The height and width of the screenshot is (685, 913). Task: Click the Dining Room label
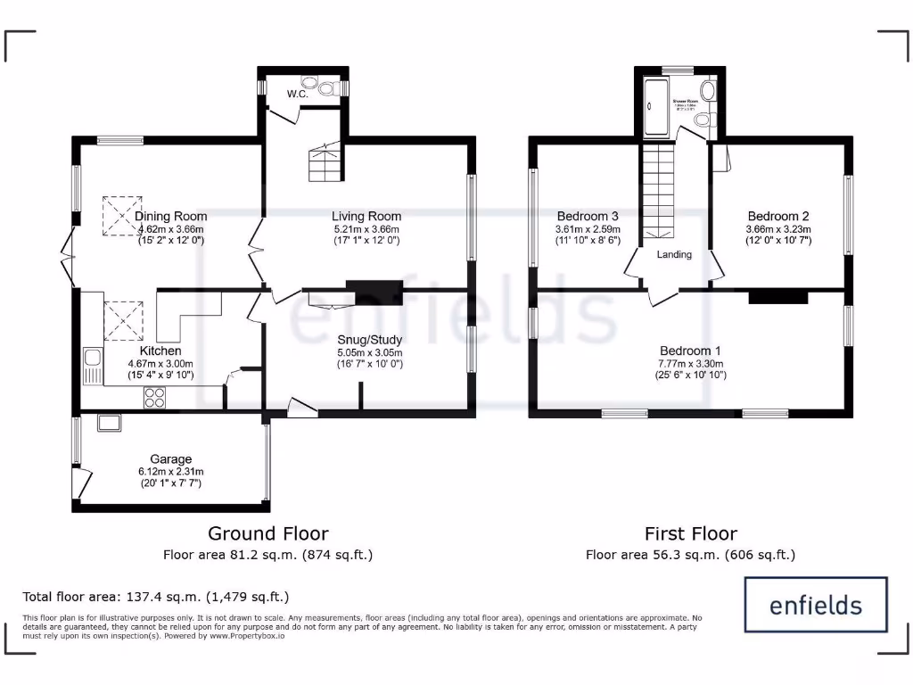click(x=171, y=217)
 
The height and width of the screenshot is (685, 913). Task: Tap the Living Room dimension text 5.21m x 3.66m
click(x=366, y=228)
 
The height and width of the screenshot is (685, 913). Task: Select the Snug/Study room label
click(x=370, y=340)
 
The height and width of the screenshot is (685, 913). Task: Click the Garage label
click(x=170, y=460)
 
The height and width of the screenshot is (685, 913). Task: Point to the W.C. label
click(x=297, y=94)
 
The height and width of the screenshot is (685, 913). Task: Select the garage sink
click(x=110, y=422)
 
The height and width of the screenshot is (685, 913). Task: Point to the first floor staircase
click(x=661, y=192)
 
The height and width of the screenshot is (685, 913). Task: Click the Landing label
click(x=674, y=255)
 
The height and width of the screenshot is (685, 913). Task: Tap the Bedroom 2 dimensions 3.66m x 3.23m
click(x=778, y=228)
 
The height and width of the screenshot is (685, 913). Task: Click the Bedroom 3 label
click(x=588, y=217)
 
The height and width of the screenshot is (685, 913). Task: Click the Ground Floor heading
click(x=267, y=533)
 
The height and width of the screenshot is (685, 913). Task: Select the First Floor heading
click(x=691, y=533)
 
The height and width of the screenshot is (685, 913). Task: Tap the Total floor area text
click(x=156, y=596)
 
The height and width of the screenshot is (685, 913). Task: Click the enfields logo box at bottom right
click(x=816, y=606)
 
